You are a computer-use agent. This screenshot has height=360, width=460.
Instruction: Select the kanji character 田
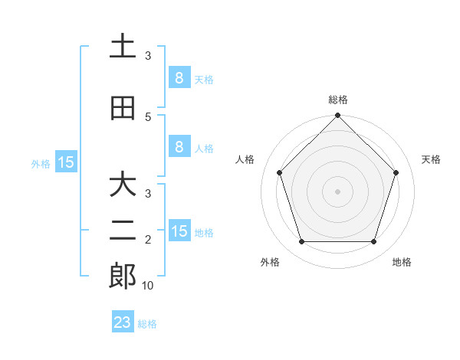(x=122, y=109)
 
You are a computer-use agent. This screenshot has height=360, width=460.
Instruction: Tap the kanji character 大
(x=122, y=185)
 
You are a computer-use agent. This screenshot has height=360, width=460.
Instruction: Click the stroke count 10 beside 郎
(x=148, y=285)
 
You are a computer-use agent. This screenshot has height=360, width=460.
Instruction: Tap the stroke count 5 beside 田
(x=148, y=116)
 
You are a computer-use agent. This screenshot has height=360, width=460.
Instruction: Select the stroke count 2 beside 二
(x=148, y=240)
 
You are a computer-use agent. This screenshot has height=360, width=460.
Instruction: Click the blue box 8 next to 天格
(x=179, y=77)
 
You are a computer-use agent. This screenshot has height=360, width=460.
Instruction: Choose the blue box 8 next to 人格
(x=179, y=147)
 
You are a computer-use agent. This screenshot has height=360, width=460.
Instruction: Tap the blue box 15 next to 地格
(x=179, y=231)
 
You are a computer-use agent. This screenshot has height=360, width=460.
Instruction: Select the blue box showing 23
(x=123, y=322)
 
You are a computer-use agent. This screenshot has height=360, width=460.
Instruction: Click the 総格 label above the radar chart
(x=337, y=100)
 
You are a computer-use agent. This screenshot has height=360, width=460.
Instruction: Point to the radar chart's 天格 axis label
(x=431, y=159)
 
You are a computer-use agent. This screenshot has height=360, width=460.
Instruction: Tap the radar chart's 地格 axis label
(x=402, y=262)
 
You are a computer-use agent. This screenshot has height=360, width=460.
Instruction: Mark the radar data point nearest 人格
(x=279, y=172)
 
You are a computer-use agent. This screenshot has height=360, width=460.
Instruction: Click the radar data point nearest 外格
(x=301, y=242)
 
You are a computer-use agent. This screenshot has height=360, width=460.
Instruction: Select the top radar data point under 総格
(x=337, y=116)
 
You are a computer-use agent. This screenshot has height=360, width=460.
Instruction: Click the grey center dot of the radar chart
(x=337, y=191)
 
